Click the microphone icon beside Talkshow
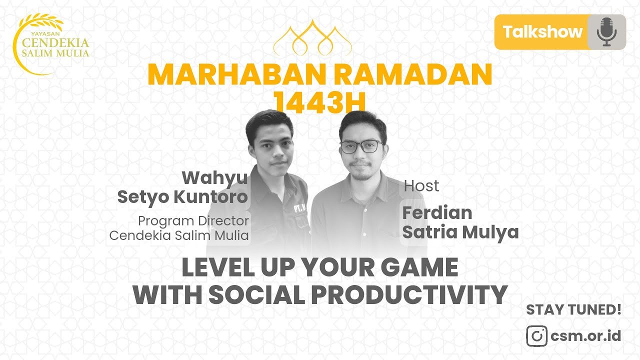point(607,32)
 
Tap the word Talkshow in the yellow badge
point(542,31)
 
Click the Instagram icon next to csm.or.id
point(537,336)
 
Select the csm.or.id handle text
point(585,335)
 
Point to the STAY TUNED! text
point(573,309)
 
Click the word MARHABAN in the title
point(237,74)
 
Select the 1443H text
point(319,102)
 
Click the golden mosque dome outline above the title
point(312,38)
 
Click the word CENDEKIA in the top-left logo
point(55,43)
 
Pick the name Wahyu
point(215,178)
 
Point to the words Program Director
point(193,221)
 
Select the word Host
point(421,186)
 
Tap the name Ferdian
point(437,213)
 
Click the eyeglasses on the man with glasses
point(362,146)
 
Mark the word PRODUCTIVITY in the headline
point(409,294)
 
